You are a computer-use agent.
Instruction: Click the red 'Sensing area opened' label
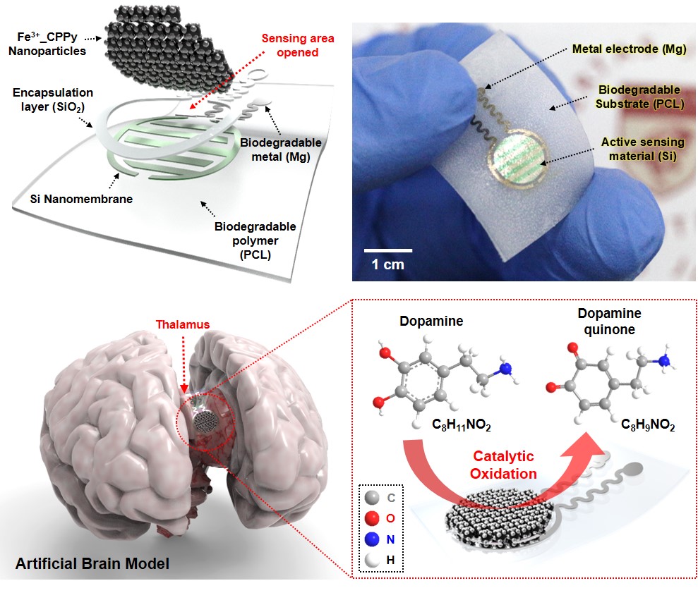pyautogui.click(x=298, y=45)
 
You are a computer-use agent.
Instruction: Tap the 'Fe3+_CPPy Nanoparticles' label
pyautogui.click(x=47, y=44)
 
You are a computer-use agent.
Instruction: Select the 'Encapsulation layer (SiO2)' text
pyautogui.click(x=52, y=99)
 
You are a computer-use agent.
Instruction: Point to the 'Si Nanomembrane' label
pyautogui.click(x=81, y=199)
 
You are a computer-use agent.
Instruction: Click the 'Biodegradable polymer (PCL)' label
pyautogui.click(x=255, y=240)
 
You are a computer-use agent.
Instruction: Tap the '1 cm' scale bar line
pyautogui.click(x=388, y=251)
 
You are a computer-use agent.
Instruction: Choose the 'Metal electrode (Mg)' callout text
pyautogui.click(x=629, y=49)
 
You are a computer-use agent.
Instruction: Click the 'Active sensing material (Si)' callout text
pyautogui.click(x=643, y=149)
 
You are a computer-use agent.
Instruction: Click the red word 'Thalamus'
pyautogui.click(x=183, y=325)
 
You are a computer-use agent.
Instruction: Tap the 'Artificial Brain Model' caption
pyautogui.click(x=92, y=563)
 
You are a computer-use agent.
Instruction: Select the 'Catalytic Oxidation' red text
pyautogui.click(x=503, y=465)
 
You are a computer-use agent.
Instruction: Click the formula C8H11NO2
pyautogui.click(x=461, y=424)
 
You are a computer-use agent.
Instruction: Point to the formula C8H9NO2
pyautogui.click(x=648, y=424)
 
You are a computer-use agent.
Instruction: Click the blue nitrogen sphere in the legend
pyautogui.click(x=372, y=539)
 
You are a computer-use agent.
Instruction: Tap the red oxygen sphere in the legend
pyautogui.click(x=372, y=518)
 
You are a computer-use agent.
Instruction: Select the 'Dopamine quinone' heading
pyautogui.click(x=609, y=321)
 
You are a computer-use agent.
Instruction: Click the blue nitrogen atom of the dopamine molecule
pyautogui.click(x=505, y=369)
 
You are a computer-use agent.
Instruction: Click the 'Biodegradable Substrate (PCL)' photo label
pyautogui.click(x=639, y=97)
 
